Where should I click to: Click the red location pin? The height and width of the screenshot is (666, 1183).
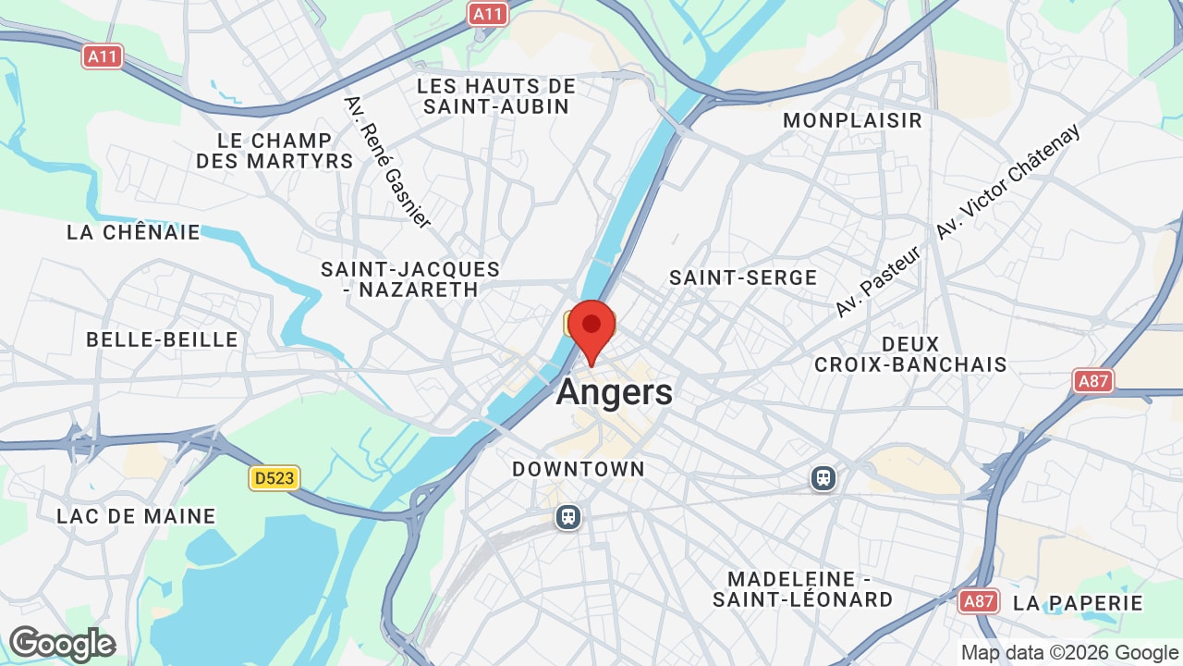591,328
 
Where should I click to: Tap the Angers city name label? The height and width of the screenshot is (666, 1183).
615,392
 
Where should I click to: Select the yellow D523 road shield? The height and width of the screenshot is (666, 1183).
274,478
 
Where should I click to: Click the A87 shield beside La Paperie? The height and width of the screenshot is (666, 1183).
978,602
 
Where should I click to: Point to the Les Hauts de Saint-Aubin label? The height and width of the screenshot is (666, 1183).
496,96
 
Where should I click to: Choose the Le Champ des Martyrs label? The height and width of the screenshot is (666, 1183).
274,151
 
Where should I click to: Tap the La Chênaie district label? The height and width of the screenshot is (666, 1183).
133,232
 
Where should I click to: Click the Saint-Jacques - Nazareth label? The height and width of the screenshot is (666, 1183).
410,279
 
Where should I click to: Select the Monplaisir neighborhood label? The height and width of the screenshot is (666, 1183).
852,120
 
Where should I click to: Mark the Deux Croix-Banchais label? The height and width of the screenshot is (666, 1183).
910,354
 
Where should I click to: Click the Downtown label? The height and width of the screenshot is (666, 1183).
579,469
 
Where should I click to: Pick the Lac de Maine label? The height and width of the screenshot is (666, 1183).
136,516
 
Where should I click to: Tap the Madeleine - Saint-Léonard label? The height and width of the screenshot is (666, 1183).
803,589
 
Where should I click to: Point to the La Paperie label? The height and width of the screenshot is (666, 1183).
1078,603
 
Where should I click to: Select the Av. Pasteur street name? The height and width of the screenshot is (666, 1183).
878,282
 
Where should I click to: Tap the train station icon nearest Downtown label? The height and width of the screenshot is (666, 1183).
568,517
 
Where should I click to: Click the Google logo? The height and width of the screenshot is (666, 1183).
62,644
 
